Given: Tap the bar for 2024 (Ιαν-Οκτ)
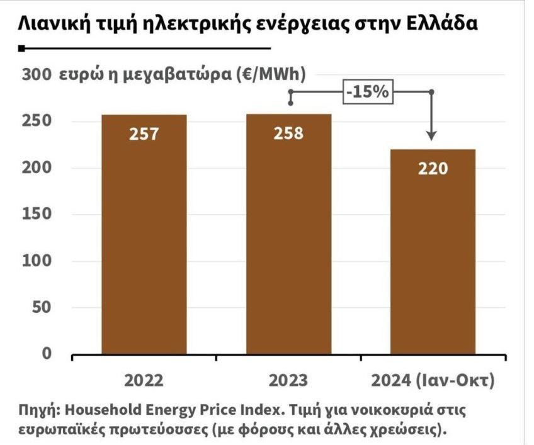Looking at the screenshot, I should pos(433,252).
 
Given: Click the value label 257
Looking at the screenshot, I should pos(145,133).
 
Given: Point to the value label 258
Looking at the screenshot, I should pos(288,133).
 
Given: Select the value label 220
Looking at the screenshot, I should pos(433,169).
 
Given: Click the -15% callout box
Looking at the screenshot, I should pos(367,92).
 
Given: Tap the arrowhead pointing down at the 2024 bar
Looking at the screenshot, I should pos(431,135).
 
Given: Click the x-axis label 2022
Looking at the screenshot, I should pos(144,380).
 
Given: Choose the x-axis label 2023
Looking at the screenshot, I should pos(288,380).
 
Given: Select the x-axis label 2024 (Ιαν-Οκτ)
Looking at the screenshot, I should pos(433,380).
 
